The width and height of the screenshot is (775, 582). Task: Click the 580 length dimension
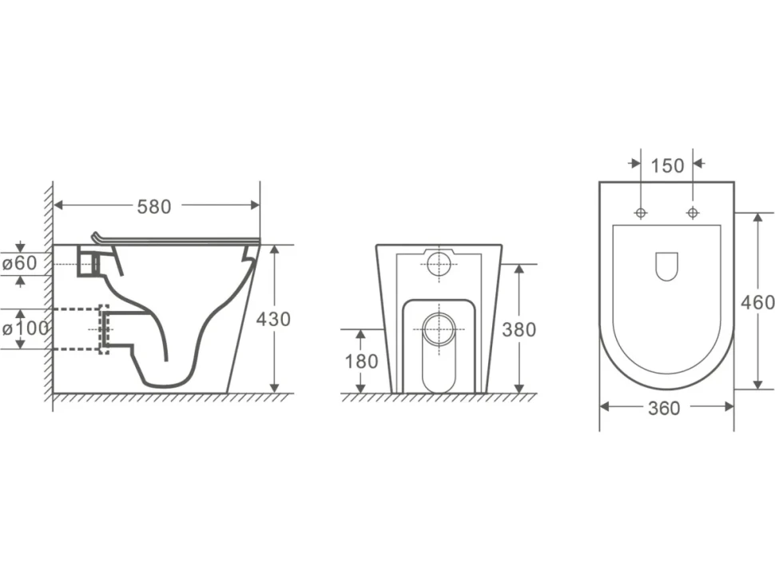tap(154, 207)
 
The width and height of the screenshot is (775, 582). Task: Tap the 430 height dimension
tap(273, 320)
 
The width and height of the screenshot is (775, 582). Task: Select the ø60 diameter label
tap(20, 263)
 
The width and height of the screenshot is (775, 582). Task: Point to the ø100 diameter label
tap(26, 328)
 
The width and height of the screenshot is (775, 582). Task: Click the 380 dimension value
tap(519, 329)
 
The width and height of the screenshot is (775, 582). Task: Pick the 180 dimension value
tap(361, 361)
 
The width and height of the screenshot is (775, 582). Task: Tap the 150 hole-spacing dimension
tap(667, 165)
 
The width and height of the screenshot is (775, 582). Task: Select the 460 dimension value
tap(757, 302)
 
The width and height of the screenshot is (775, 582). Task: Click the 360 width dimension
tap(664, 409)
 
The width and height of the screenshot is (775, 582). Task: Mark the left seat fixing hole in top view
tap(641, 213)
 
